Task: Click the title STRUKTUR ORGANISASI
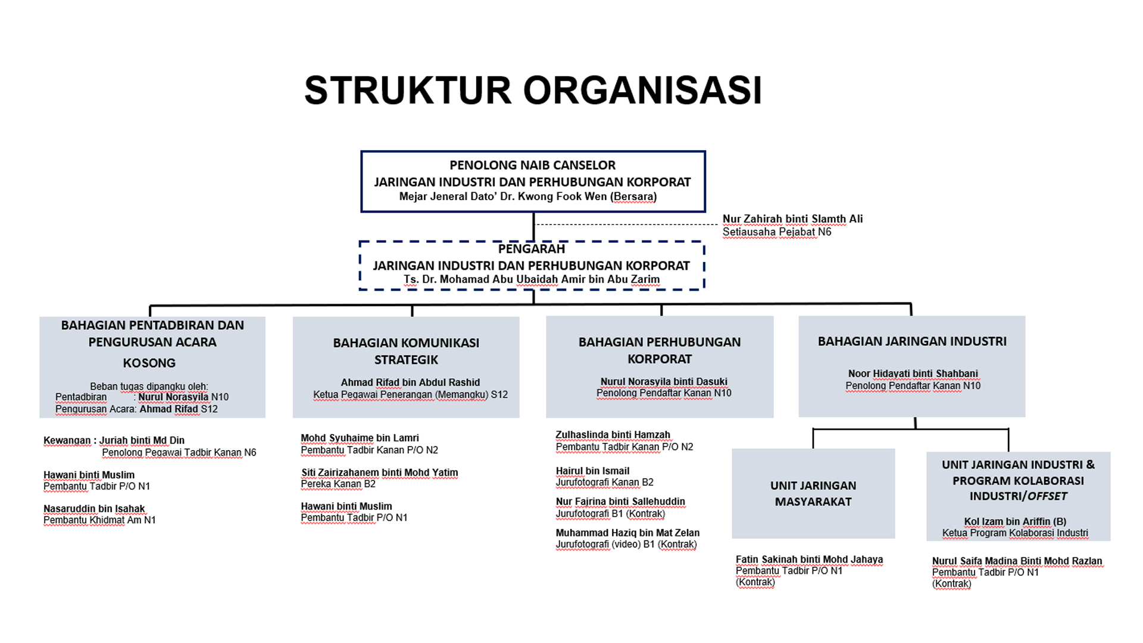pyautogui.click(x=533, y=90)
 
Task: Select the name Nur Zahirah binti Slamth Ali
pyautogui.click(x=792, y=219)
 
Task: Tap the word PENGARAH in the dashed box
pyautogui.click(x=532, y=249)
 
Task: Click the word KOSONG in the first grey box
pyautogui.click(x=149, y=363)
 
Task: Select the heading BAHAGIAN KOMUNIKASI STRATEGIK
pyautogui.click(x=406, y=351)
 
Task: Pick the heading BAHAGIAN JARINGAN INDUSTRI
pyautogui.click(x=912, y=342)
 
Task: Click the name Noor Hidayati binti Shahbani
pyautogui.click(x=913, y=374)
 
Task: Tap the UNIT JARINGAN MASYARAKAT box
pyautogui.click(x=813, y=494)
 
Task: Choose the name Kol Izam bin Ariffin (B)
pyautogui.click(x=1015, y=522)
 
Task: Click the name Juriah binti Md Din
pyautogui.click(x=142, y=441)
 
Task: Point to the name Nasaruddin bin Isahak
pyautogui.click(x=94, y=509)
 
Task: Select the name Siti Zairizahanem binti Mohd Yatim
pyautogui.click(x=380, y=473)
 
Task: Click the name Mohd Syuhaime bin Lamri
pyautogui.click(x=360, y=438)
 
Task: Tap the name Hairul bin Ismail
pyautogui.click(x=592, y=471)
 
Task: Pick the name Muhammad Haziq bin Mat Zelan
pyautogui.click(x=627, y=533)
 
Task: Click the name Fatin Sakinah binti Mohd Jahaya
pyautogui.click(x=809, y=560)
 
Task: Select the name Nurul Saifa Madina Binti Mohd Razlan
pyautogui.click(x=1017, y=561)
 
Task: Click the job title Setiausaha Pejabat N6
pyautogui.click(x=777, y=232)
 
